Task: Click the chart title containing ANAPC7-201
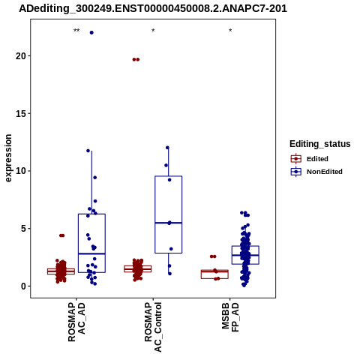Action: tap(153, 9)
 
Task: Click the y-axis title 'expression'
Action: tap(8, 158)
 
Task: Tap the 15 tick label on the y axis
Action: tap(21, 113)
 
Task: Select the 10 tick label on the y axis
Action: tap(21, 171)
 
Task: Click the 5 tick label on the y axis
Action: tap(24, 229)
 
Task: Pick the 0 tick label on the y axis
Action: tap(24, 286)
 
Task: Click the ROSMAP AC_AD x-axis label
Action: tap(76, 322)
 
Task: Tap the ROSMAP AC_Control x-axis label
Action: tap(153, 327)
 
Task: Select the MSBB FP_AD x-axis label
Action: tap(230, 317)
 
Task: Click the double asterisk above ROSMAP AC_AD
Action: tap(76, 31)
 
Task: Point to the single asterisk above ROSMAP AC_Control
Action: tap(153, 31)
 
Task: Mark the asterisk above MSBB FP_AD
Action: tap(230, 31)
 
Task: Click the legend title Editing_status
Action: tap(320, 144)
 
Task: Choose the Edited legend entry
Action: tap(310, 159)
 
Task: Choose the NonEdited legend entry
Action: tap(316, 172)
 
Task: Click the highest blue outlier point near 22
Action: tap(91, 32)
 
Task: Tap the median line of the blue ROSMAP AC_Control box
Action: tap(169, 223)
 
